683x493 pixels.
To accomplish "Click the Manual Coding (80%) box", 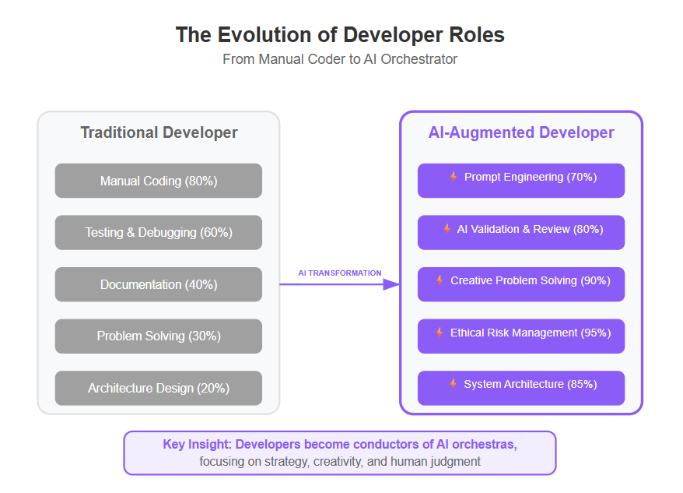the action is pyautogui.click(x=159, y=181).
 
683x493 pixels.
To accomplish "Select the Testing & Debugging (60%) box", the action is pyautogui.click(x=159, y=233).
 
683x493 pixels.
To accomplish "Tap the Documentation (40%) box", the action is pyautogui.click(x=159, y=284).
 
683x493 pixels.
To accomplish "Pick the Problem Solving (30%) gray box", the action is pyautogui.click(x=159, y=336).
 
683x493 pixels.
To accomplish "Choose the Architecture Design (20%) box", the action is pyautogui.click(x=159, y=389).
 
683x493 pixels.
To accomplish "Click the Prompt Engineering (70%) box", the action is pyautogui.click(x=521, y=181).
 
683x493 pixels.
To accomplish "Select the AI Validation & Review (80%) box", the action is pyautogui.click(x=521, y=233).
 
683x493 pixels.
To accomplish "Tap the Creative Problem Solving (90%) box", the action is pyautogui.click(x=521, y=284).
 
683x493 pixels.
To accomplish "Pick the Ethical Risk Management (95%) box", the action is pyautogui.click(x=521, y=336).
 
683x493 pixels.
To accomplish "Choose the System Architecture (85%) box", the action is pyautogui.click(x=521, y=389).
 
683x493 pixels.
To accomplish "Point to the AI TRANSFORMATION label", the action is pyautogui.click(x=340, y=273).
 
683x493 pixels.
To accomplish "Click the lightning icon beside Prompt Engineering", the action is pyautogui.click(x=454, y=177).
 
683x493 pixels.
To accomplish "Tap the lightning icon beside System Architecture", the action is pyautogui.click(x=453, y=384).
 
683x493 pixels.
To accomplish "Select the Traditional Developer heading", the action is pyautogui.click(x=159, y=132).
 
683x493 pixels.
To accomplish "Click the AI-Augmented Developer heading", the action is pyautogui.click(x=521, y=132).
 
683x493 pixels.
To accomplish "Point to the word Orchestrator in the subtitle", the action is pyautogui.click(x=419, y=59).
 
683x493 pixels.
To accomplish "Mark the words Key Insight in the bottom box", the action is pyautogui.click(x=197, y=445).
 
